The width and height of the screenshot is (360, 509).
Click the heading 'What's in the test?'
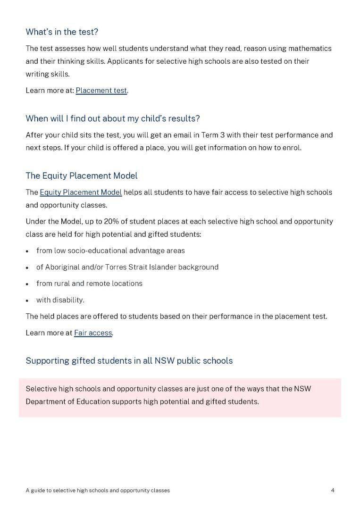pyautogui.click(x=62, y=32)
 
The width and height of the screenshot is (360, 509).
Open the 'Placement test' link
pyautogui.click(x=101, y=90)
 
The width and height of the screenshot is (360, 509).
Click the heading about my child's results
pyautogui.click(x=113, y=118)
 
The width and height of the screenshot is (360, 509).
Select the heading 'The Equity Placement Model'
pyautogui.click(x=82, y=176)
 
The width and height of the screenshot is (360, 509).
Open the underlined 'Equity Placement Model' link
pyautogui.click(x=81, y=192)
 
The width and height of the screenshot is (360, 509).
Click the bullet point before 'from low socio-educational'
pyautogui.click(x=28, y=251)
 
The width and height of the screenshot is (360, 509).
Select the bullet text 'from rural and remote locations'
pyautogui.click(x=89, y=284)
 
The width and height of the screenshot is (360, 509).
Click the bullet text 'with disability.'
pyautogui.click(x=60, y=300)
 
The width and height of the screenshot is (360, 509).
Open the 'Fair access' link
pyautogui.click(x=93, y=333)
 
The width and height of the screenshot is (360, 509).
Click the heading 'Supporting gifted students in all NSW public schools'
pyautogui.click(x=129, y=361)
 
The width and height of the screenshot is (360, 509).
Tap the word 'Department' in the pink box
pyautogui.click(x=45, y=402)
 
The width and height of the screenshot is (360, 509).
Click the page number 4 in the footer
pyautogui.click(x=333, y=491)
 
